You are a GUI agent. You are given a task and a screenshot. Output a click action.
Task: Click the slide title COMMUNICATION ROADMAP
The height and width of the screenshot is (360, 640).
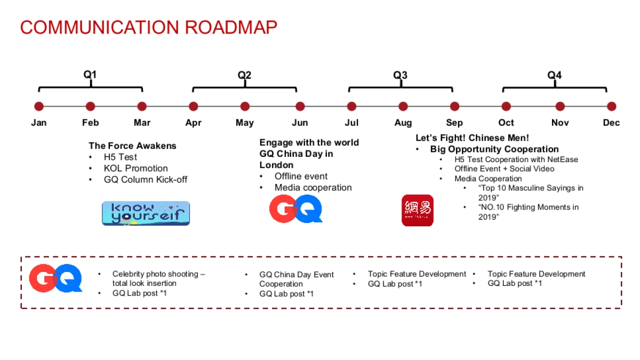click(148, 28)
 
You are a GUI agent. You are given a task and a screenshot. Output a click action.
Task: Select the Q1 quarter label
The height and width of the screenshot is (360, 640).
click(90, 75)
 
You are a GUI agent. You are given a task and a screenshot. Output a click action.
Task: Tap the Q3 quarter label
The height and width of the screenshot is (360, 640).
click(400, 75)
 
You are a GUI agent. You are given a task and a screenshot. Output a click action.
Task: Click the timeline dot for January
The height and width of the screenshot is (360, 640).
click(39, 107)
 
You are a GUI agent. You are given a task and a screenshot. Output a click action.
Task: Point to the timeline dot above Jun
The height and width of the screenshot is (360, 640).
click(300, 107)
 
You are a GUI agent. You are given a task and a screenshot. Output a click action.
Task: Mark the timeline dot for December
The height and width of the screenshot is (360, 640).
click(611, 107)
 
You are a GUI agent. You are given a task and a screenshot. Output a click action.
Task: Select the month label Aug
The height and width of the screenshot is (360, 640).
click(403, 123)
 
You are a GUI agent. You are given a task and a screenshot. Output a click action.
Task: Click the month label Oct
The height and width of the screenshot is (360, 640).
click(506, 123)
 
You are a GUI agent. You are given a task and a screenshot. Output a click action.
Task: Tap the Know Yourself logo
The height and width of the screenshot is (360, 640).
click(146, 213)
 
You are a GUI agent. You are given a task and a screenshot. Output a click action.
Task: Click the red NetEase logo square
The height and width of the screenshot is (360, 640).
click(417, 210)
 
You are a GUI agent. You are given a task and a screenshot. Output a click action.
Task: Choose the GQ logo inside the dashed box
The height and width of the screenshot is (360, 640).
click(55, 278)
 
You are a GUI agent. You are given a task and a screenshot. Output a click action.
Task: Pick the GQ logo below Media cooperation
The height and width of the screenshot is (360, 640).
click(296, 209)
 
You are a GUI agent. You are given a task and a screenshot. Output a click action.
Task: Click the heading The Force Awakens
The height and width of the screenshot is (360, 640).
click(132, 146)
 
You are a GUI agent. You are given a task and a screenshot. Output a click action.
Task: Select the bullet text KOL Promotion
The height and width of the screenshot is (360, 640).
click(135, 169)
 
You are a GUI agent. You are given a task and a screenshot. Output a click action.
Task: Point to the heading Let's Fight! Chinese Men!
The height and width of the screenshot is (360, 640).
click(472, 138)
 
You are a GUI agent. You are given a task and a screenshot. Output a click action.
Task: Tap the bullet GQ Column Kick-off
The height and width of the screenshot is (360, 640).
click(146, 180)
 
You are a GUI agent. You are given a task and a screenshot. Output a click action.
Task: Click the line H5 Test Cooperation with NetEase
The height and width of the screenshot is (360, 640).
click(516, 159)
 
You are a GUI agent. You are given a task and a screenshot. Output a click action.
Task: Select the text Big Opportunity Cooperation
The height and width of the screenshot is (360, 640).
click(494, 149)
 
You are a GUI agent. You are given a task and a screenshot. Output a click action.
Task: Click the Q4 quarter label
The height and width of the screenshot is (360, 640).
click(554, 75)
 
